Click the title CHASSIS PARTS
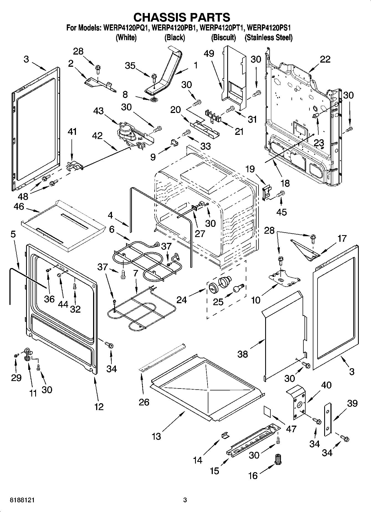click(x=182, y=17)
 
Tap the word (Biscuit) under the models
click(x=223, y=37)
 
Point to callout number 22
click(x=325, y=59)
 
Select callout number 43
click(x=98, y=111)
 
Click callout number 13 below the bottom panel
click(x=156, y=437)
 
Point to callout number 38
click(x=243, y=354)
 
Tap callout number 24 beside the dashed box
click(x=182, y=300)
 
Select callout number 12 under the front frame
click(x=99, y=407)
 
